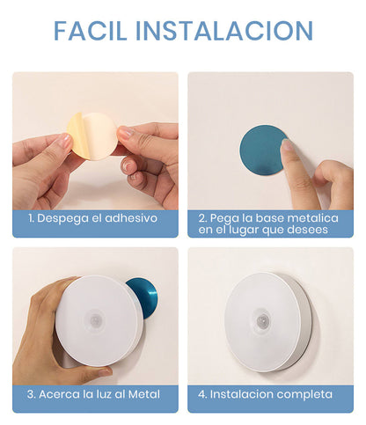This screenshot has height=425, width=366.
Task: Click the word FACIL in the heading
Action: (92, 30)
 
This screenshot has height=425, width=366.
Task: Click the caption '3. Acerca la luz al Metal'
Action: (94, 394)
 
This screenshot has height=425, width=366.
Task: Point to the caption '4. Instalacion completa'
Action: (266, 394)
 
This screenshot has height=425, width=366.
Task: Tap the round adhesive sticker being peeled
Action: (93, 136)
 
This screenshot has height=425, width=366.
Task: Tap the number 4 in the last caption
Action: (202, 394)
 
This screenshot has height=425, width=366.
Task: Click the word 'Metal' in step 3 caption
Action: (144, 394)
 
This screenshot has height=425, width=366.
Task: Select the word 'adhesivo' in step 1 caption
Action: (128, 217)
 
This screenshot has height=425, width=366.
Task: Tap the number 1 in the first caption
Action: (29, 217)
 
